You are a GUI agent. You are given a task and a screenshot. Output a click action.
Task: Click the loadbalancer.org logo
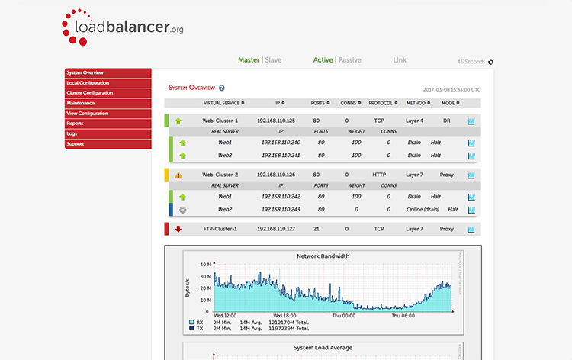point(122,27)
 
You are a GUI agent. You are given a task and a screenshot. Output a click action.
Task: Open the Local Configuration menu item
point(88,83)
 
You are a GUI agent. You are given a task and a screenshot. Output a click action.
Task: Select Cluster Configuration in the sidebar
point(90,93)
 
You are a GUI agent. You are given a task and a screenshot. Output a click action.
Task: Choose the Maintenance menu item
point(81,103)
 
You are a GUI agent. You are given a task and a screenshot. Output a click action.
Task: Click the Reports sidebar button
point(76,124)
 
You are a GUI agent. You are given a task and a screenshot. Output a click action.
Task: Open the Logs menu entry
point(72,133)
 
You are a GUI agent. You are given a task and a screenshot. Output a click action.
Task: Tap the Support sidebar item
point(76,144)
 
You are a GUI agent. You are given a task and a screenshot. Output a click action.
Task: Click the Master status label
point(249,60)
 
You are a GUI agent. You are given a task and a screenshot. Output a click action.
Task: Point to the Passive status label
point(349,60)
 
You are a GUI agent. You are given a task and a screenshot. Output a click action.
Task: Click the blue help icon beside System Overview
point(221,88)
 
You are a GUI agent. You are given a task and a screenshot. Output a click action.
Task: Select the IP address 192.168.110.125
point(276,121)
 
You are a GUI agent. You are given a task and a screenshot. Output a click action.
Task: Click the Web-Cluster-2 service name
point(220,175)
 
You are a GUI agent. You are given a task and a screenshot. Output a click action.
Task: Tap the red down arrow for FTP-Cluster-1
point(178,229)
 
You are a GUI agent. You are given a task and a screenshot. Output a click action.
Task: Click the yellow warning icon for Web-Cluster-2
point(178,175)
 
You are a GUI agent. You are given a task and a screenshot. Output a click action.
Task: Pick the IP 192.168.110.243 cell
point(281,209)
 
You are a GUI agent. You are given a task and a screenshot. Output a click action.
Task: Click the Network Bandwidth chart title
point(323,256)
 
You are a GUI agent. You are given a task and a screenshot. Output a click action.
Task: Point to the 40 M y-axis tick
point(204,265)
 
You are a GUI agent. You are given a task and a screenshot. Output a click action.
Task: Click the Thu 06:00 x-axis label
point(403,315)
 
